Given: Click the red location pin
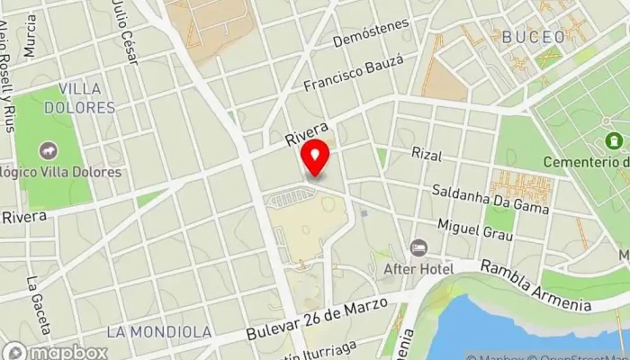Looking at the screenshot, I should point(315,158).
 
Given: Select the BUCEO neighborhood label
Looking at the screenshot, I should point(534,37).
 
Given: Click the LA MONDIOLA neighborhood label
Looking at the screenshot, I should point(159,331).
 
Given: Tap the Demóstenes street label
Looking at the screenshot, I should point(371,32).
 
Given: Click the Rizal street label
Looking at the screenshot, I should point(427,155).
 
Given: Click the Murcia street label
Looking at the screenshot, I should point(31,36).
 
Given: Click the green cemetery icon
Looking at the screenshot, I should point(615,141).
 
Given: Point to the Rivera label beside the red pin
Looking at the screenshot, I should point(307,134).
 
